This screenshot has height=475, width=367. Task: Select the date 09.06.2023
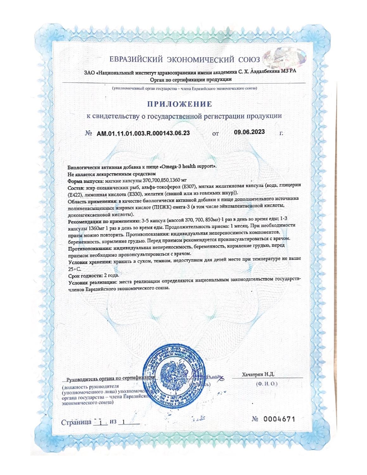(250, 132)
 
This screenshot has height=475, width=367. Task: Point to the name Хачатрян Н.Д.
(258, 375)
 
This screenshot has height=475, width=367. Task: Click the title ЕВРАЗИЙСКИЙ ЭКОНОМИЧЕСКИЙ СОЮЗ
(185, 60)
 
